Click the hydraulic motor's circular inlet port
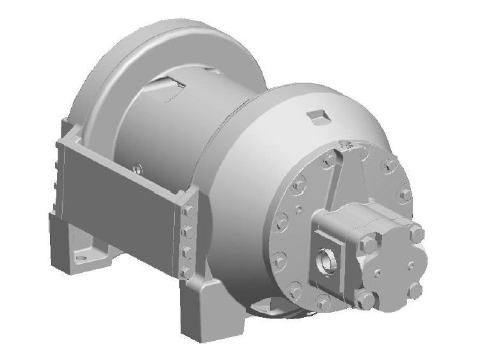click(326, 260)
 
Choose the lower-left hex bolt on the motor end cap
click(366, 296)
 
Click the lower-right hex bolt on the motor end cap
click(416, 289)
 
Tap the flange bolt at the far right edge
click(405, 194)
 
